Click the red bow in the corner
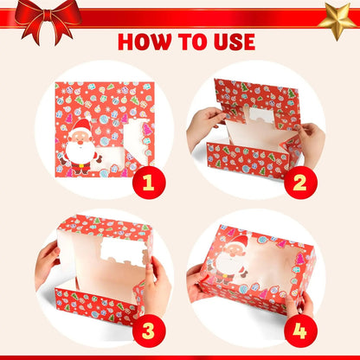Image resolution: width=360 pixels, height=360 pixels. coord(42,17)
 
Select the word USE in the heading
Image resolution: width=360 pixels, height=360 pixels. coord(230,42)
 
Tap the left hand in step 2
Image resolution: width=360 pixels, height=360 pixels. coord(203,127)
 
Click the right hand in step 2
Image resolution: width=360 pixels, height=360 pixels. coord(307,138)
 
